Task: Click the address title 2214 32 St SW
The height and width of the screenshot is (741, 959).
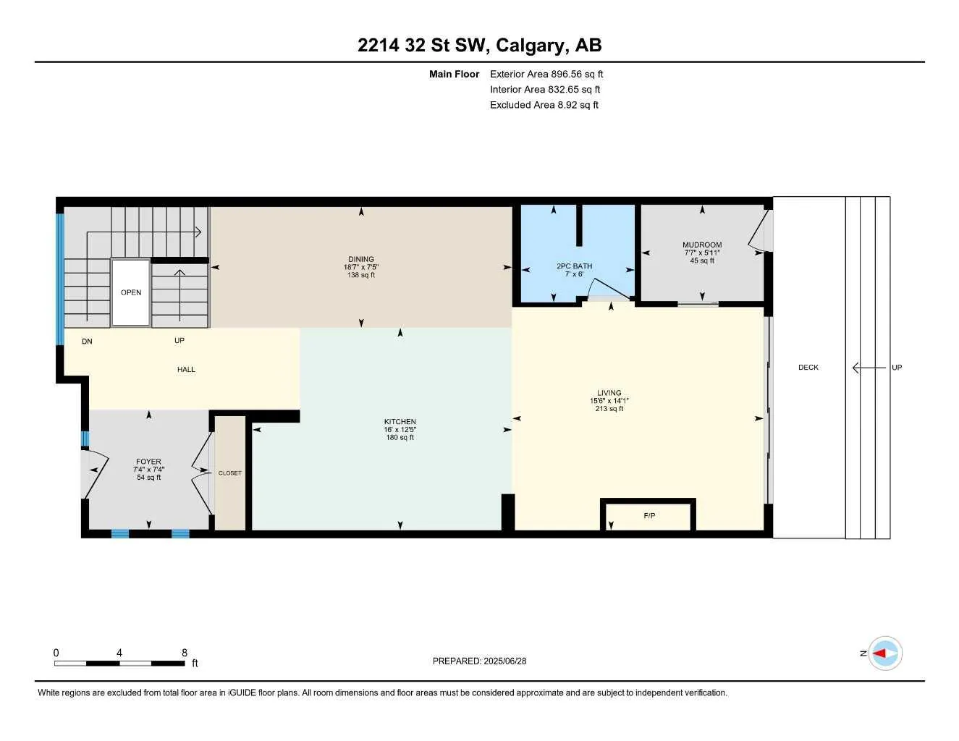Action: tap(479, 46)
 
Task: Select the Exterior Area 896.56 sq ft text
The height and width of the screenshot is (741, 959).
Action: tap(546, 74)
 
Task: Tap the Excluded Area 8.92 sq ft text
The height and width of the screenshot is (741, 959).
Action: tap(544, 105)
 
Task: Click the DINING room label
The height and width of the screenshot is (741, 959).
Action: tap(361, 259)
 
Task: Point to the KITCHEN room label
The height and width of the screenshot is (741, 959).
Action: tap(400, 422)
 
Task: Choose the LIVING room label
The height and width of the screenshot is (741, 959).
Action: tap(609, 393)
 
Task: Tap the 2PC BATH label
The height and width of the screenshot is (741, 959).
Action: tap(574, 266)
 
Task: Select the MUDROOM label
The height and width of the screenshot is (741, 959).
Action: tap(702, 245)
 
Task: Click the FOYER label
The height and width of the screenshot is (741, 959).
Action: tap(148, 462)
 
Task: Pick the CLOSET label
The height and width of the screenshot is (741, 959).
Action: tap(230, 473)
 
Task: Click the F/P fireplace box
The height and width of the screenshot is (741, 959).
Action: tap(649, 515)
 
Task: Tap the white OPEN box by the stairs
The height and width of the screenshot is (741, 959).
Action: tap(131, 292)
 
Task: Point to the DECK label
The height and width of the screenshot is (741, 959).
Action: tap(808, 368)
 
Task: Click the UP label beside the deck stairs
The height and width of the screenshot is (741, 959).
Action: tap(897, 368)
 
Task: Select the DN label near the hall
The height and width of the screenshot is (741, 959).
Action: tap(87, 342)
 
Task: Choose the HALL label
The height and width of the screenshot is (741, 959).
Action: tap(186, 370)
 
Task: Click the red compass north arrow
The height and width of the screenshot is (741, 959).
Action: tap(881, 653)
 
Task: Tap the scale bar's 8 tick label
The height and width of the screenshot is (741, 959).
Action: tap(185, 653)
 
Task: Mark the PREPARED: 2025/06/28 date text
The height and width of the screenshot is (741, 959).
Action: tap(479, 661)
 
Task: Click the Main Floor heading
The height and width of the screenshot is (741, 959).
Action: tap(454, 74)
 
